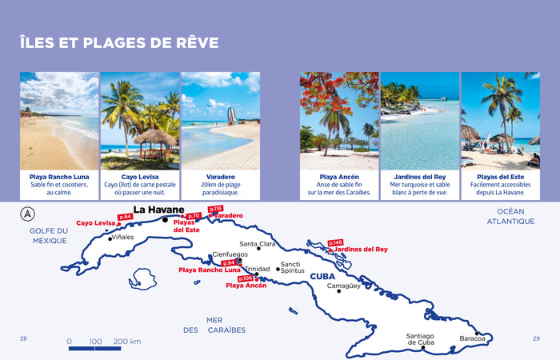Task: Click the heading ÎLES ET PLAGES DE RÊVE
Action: pos(119,42)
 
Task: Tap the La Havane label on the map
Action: pos(158,210)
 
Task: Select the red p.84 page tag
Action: pos(125,217)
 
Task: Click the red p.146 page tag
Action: pos(335,242)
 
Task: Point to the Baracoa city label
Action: pos(472,338)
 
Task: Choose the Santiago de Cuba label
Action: pos(420,339)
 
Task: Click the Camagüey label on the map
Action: pos(343,286)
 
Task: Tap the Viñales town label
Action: pos(122,238)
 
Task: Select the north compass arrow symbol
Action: pos(28,214)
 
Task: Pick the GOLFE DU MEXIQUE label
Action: pos(50,235)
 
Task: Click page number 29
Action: pos(536,338)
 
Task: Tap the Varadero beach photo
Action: pos(220,121)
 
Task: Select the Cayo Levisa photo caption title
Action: pos(139,176)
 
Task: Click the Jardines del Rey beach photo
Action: pos(419,121)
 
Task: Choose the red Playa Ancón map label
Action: pos(246,285)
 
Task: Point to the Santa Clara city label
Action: pos(258,244)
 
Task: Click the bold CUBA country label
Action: pos(322,276)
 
